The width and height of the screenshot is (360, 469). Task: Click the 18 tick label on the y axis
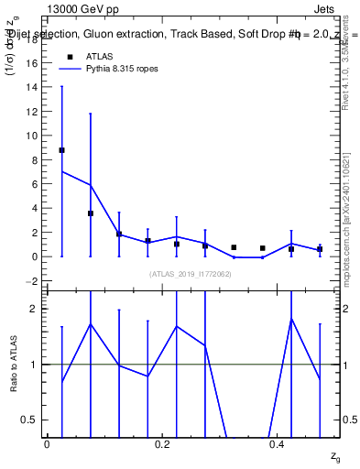point(33,38)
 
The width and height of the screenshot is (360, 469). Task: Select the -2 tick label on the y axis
point(34,280)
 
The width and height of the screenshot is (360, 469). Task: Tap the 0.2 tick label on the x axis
point(162,443)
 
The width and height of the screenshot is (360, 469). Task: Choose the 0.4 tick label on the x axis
point(278,443)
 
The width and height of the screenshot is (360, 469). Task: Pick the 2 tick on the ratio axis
point(36,309)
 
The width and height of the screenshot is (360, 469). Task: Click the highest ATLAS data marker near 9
point(61,149)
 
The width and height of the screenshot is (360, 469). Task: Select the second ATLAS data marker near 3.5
point(91,213)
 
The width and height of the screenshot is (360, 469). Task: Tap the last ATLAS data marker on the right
point(320,249)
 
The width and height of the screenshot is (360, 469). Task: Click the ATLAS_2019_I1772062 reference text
point(191,273)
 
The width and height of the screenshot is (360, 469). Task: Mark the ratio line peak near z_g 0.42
point(291,319)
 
